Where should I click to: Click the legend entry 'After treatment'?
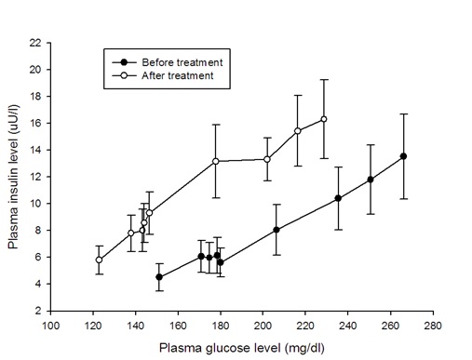pos(178,75)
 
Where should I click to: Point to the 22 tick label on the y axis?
pos(34,43)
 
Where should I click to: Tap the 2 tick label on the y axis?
pos(37,310)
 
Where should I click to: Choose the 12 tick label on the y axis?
pos(34,177)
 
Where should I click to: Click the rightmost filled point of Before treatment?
pos(403,156)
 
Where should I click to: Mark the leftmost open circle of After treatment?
pos(99,260)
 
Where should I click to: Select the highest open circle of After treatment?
pos(324,119)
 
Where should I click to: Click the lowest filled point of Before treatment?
pos(159,277)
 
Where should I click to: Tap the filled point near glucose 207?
pos(276,229)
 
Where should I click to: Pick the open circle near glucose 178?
pos(216,161)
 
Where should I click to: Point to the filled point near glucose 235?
pos(338,198)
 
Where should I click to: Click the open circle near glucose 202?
pos(267,159)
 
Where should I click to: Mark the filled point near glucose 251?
pos(371,180)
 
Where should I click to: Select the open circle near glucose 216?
pos(298,131)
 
